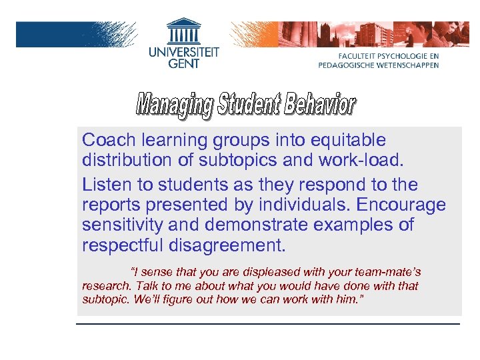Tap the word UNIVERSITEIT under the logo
[x=183, y=52]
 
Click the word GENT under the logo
[x=183, y=65]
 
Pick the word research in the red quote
[x=105, y=286]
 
